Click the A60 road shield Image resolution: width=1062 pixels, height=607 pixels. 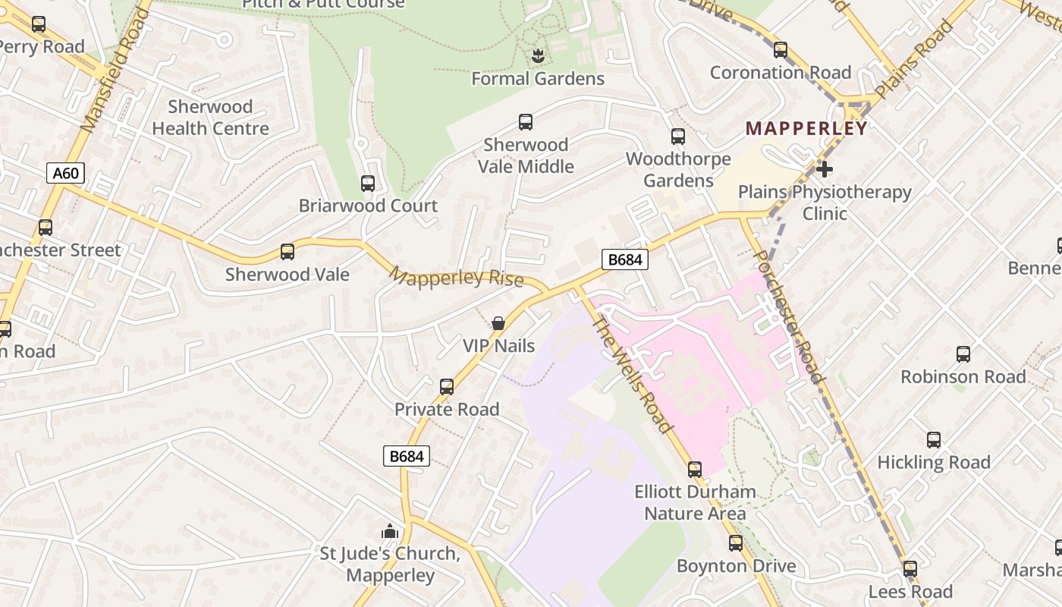coord(65,173)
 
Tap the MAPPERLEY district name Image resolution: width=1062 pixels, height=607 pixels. coord(806,128)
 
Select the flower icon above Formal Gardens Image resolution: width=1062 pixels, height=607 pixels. coord(538,55)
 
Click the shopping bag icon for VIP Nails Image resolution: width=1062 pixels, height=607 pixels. coord(498,323)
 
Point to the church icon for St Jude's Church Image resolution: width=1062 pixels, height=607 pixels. coord(390,531)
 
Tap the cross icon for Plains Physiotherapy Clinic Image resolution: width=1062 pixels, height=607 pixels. coord(825,169)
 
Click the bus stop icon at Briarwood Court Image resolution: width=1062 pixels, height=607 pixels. coord(368,183)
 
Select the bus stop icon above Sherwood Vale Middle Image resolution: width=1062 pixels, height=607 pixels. coord(526,121)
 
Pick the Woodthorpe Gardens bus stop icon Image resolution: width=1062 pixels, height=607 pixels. coord(678,137)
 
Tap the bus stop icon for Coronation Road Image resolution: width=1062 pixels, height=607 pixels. coord(781,50)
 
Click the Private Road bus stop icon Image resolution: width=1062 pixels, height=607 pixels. coord(447,387)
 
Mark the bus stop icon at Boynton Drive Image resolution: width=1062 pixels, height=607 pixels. coord(736,543)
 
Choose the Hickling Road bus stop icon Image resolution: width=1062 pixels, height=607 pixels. coord(934,440)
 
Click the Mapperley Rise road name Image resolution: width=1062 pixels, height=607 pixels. coord(456,277)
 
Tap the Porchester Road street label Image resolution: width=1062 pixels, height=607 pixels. coord(788,316)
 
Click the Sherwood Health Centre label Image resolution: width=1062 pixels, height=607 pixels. coord(210,118)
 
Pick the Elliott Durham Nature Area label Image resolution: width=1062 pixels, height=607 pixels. coord(695,502)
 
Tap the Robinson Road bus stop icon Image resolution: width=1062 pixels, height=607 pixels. coord(963,354)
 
